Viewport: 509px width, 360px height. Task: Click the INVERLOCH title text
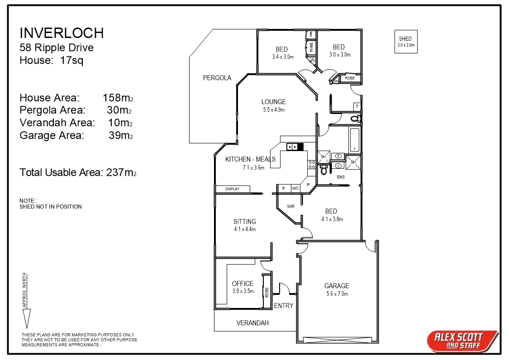(x=62, y=33)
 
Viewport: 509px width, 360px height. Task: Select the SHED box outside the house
(x=405, y=42)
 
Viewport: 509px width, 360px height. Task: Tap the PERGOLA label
(x=217, y=78)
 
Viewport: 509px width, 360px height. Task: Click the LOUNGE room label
(x=273, y=102)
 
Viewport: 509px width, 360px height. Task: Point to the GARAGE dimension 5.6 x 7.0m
(x=337, y=294)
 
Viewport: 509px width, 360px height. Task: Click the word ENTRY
(x=284, y=306)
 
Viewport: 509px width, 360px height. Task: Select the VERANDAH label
(x=252, y=323)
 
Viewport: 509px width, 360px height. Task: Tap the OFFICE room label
(x=243, y=284)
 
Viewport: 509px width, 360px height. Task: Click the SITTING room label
(x=245, y=222)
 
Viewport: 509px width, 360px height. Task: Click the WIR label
(x=291, y=206)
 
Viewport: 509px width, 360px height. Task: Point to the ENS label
(x=341, y=177)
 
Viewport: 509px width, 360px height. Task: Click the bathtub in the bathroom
(x=355, y=140)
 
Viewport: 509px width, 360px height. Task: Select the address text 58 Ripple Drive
(x=57, y=47)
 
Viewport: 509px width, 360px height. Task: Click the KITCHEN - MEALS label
(x=250, y=159)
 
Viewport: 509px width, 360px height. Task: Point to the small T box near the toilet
(x=357, y=107)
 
